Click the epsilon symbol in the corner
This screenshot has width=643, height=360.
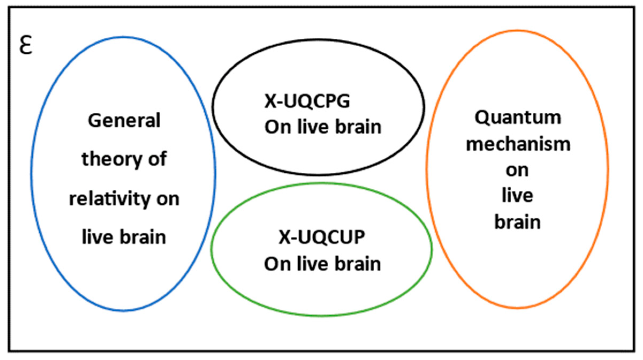[x=26, y=45]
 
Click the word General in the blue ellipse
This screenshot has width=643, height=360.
[x=124, y=121]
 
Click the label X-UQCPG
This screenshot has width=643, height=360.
[x=307, y=101]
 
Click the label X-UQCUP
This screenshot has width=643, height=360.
[x=322, y=237]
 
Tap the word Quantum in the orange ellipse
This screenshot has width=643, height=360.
[x=518, y=118]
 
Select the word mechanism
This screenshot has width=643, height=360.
[x=518, y=144]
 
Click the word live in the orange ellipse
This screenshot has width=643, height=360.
[x=517, y=195]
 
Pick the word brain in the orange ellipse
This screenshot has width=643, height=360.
[x=517, y=222]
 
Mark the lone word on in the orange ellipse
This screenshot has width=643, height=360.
[x=517, y=170]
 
